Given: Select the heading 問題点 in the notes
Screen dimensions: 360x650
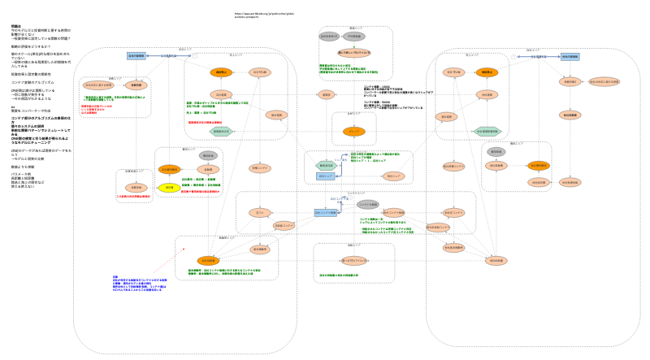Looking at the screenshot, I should click(x=16, y=26).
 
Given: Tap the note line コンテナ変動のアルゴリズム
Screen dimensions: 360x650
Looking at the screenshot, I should click(x=32, y=82).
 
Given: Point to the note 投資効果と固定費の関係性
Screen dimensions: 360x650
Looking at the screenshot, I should click(x=32, y=73).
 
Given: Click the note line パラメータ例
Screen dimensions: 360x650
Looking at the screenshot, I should click(x=21, y=174).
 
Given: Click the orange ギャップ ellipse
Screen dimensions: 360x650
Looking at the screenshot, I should click(x=353, y=131).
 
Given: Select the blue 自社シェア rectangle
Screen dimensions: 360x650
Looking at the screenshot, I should click(x=326, y=176).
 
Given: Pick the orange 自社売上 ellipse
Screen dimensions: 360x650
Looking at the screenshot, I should click(x=221, y=72).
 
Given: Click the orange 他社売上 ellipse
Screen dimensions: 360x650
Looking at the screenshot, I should click(x=486, y=72).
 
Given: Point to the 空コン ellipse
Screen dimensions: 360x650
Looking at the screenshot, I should click(x=260, y=213).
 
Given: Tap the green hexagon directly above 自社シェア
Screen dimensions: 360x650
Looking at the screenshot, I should click(x=326, y=165).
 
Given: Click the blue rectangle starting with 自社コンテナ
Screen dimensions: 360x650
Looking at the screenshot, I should click(x=326, y=213).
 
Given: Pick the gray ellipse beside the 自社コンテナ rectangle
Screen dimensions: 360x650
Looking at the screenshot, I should click(x=367, y=204).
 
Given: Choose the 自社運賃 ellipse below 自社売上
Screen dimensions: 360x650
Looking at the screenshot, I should click(x=222, y=95).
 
